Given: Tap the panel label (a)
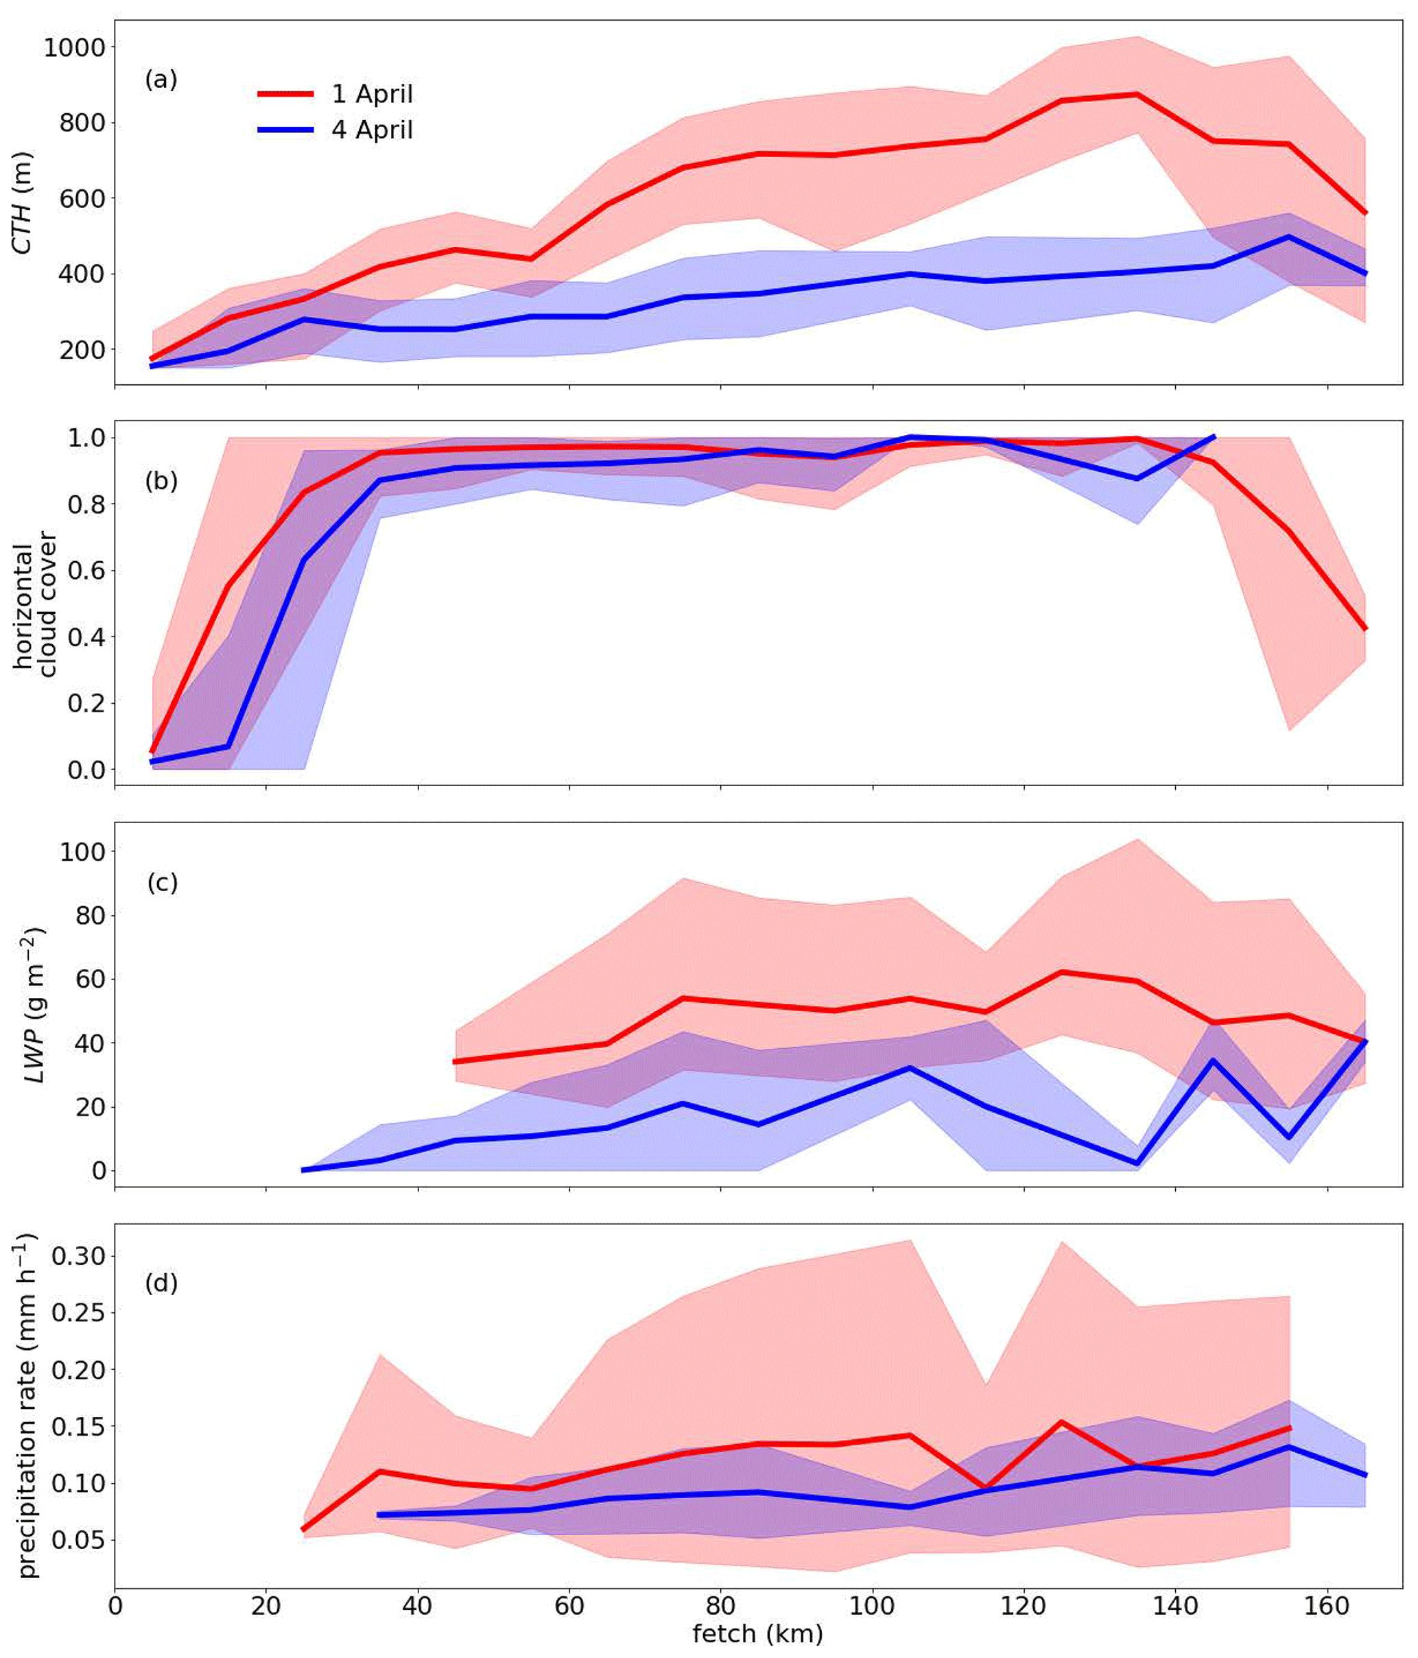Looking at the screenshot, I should point(161,80).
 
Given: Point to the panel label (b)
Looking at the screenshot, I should point(161,481).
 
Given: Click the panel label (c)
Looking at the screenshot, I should point(162,883).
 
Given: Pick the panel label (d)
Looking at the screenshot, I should point(161,1283).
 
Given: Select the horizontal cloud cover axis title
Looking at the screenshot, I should point(35,604).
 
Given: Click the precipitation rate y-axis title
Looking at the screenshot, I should point(28,1406).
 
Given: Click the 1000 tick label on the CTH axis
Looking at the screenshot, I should point(73,48).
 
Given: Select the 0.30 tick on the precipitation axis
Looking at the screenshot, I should point(78,1256).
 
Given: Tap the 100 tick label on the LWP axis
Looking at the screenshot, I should point(82,852).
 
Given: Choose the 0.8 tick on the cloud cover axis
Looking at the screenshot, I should point(86,505).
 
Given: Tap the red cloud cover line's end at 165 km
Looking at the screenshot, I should point(1365,629).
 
